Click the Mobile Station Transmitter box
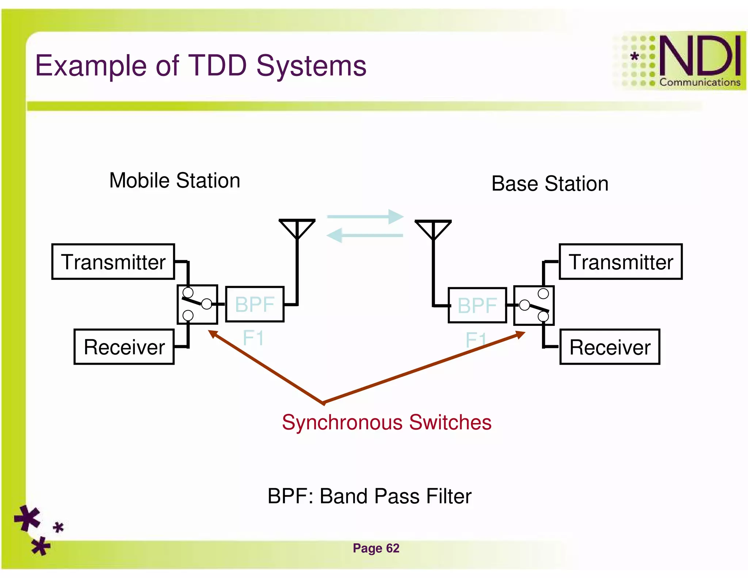coord(113,262)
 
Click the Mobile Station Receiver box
coord(124,347)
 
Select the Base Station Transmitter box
coord(621,262)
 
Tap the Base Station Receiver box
coord(610,347)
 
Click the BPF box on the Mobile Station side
coord(255,304)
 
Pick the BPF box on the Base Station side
coord(477,305)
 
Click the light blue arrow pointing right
coord(365,217)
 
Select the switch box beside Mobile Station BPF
coord(197,304)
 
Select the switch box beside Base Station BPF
coord(534,305)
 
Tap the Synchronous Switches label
coord(386,422)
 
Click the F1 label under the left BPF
coord(253,338)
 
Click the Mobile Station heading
coord(175,180)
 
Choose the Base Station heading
coord(550,183)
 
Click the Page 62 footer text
coord(376,548)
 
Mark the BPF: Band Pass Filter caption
coord(369,496)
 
